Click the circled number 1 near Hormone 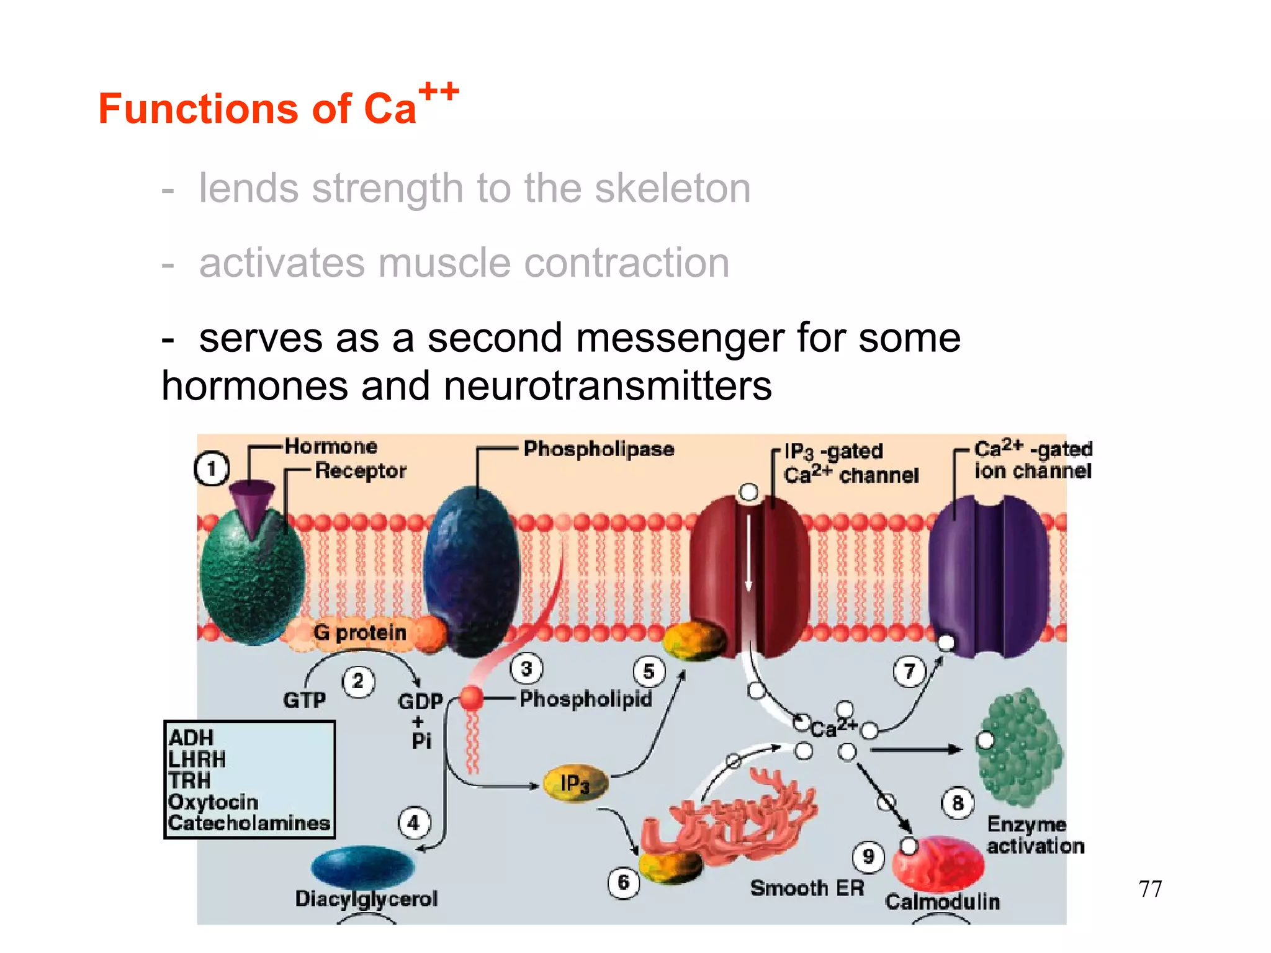pyautogui.click(x=212, y=469)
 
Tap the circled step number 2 pyautogui.click(x=358, y=681)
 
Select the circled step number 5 pyautogui.click(x=649, y=671)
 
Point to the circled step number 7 pyautogui.click(x=909, y=671)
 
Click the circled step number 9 pyautogui.click(x=868, y=856)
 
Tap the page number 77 pyautogui.click(x=1150, y=889)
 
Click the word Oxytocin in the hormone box pyautogui.click(x=213, y=802)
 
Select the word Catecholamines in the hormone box pyautogui.click(x=249, y=823)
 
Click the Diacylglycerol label pyautogui.click(x=366, y=898)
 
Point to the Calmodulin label pyautogui.click(x=942, y=902)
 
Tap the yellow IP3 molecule pyautogui.click(x=575, y=784)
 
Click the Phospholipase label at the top pyautogui.click(x=598, y=449)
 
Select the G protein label pyautogui.click(x=360, y=632)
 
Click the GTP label pyautogui.click(x=304, y=700)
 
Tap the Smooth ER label pyautogui.click(x=807, y=888)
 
